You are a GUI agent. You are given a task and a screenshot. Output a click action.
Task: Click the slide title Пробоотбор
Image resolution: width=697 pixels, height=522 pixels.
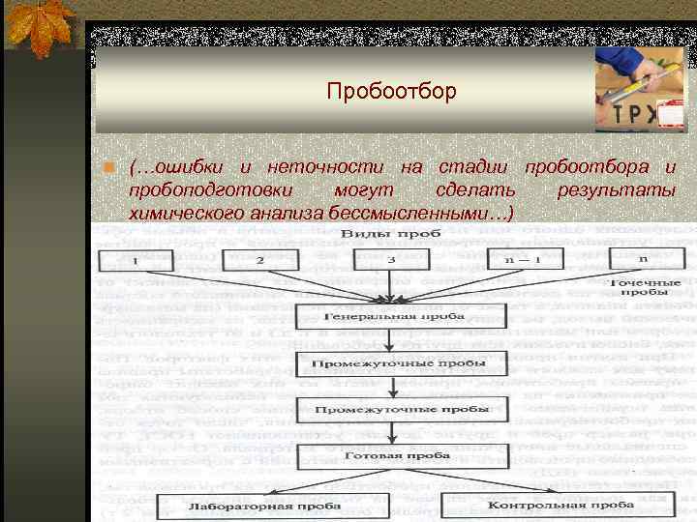tap(390, 92)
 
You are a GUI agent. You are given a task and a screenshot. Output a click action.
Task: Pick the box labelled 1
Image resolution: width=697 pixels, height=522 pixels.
tap(136, 260)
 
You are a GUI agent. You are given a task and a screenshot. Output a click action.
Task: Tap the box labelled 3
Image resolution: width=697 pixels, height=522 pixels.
tap(390, 260)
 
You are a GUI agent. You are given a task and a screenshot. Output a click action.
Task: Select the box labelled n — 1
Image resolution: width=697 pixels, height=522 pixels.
tap(522, 260)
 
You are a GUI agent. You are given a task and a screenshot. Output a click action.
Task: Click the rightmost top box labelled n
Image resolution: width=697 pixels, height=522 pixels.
tap(642, 260)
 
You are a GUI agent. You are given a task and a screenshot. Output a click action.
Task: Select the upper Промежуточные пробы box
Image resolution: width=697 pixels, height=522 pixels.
tap(392, 366)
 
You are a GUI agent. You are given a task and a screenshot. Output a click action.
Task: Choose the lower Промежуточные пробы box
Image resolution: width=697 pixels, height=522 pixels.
tap(392, 409)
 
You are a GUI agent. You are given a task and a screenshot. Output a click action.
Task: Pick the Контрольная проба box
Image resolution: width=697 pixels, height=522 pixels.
tap(547, 505)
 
